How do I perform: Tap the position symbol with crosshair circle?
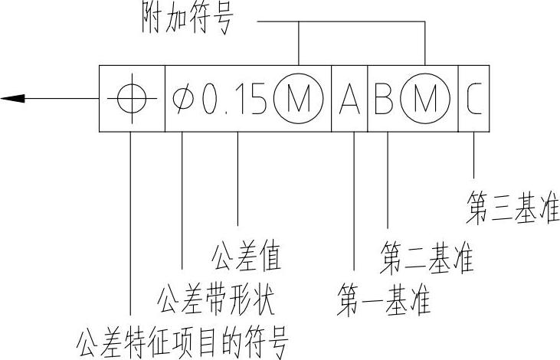131,98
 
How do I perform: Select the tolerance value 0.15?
234,99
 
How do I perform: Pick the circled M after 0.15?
298,99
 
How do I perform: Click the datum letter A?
350,99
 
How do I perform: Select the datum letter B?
384,99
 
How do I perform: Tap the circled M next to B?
424,99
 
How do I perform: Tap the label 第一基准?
384,299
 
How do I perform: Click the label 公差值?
245,257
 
